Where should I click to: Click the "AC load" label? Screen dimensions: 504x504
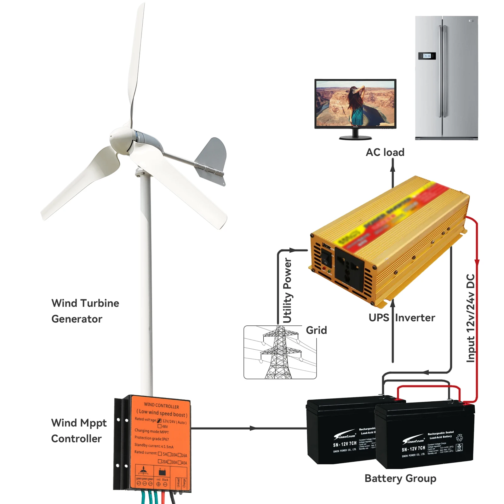point(385,152)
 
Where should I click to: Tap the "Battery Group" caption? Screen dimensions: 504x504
point(400,478)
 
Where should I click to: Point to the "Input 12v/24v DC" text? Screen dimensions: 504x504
point(470,318)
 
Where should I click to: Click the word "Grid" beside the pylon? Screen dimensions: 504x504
point(316,330)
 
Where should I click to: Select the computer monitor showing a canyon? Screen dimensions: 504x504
point(355,104)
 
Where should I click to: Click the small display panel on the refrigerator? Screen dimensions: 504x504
point(427,56)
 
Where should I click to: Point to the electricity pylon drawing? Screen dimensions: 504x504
point(279,353)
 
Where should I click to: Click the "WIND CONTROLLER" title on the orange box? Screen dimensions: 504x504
point(161,405)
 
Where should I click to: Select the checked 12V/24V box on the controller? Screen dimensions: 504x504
point(159,421)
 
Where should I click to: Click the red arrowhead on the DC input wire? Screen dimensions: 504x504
point(477,263)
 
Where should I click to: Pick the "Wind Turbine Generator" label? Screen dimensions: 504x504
point(85,311)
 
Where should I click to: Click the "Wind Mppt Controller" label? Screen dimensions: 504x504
point(79,430)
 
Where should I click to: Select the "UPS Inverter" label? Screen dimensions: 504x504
point(402,318)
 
